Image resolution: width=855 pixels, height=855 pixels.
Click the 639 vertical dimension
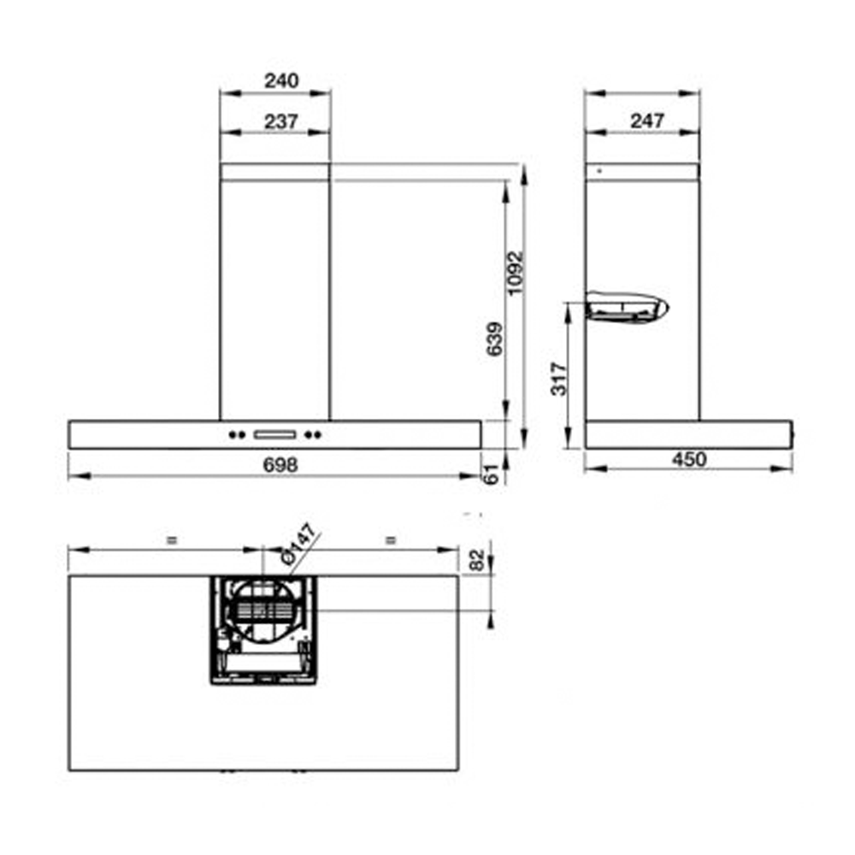pos(494,340)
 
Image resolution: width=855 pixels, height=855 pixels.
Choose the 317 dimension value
pos(558,378)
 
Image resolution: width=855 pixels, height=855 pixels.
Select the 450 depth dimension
pos(688,459)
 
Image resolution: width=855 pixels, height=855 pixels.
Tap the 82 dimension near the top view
pos(478,560)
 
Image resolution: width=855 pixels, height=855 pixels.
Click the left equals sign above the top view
pos(171,540)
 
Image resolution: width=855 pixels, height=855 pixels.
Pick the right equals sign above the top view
pos(391,540)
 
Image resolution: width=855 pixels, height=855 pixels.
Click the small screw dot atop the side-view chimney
pos(598,171)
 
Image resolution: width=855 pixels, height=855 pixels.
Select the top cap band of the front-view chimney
pos(274,172)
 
